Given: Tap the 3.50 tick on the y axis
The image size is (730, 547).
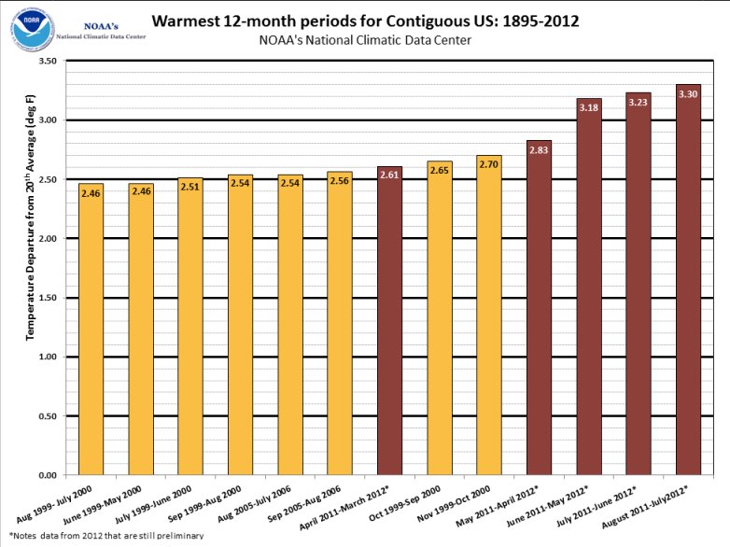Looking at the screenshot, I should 46,62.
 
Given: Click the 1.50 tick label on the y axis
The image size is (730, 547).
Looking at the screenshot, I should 46,298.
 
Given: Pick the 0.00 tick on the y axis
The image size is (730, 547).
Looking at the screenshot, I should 46,475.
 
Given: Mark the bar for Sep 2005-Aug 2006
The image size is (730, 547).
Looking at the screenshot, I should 340,323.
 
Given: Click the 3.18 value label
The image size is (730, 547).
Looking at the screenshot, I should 588,108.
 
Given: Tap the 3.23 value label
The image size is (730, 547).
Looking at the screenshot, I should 639,102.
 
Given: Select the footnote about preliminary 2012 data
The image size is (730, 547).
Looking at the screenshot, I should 106,537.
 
